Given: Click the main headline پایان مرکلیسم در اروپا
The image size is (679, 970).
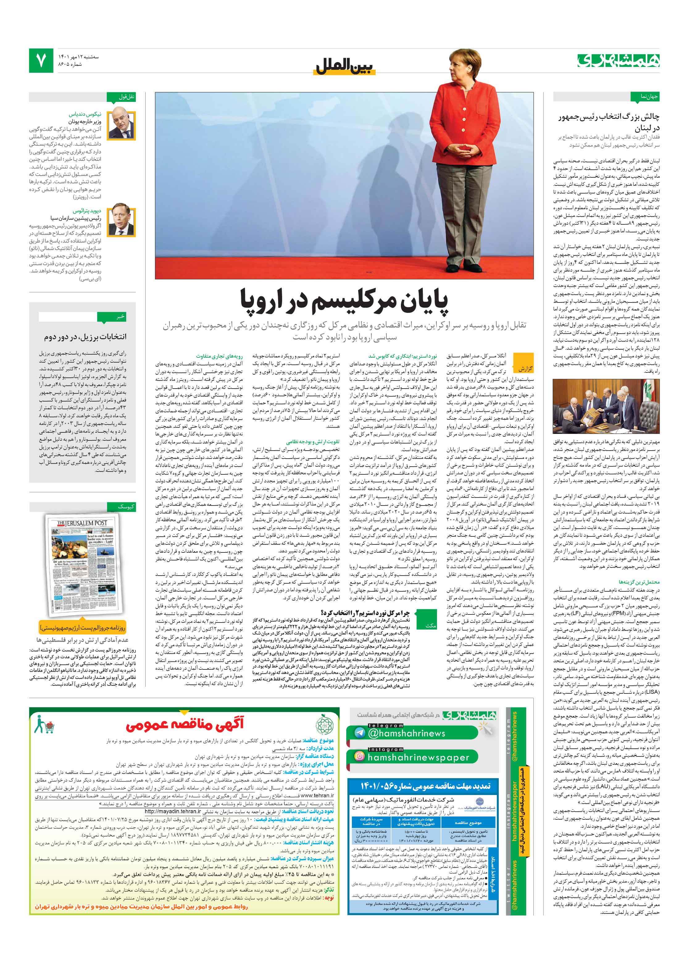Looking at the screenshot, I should point(345,300).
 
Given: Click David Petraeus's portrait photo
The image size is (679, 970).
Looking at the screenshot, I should point(122,221).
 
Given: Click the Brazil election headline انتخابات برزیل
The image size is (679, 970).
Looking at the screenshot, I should point(85,337).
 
